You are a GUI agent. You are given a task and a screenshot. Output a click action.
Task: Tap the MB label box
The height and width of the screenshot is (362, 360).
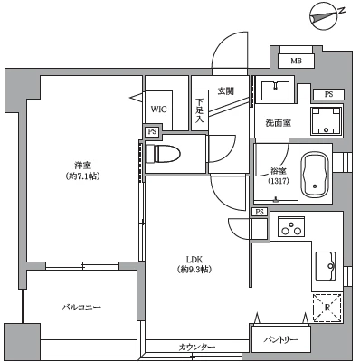tap(295, 61)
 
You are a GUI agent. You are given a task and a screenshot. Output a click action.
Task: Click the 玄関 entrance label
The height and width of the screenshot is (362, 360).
tap(225, 90)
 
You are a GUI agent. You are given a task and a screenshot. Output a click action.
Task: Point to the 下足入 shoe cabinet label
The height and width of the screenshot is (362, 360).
tap(200, 109)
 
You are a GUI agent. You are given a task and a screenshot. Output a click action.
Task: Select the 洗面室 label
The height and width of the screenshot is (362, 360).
tap(278, 122)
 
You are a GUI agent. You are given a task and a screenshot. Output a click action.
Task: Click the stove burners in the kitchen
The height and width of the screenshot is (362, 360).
tap(291, 228)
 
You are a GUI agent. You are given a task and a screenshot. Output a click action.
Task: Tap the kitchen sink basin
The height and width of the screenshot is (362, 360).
tap(325, 266)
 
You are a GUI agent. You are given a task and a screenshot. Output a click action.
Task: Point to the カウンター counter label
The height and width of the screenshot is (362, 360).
tap(196, 348)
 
